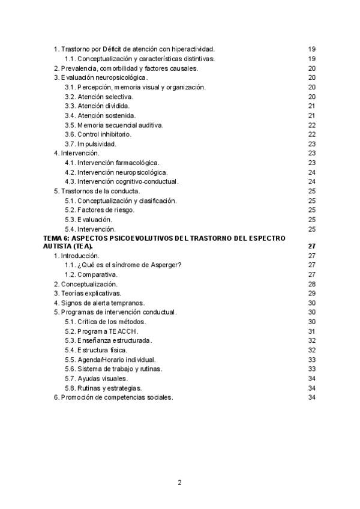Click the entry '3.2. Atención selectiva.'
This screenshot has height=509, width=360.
[x=99, y=97]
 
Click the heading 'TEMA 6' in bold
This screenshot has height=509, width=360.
[x=57, y=238]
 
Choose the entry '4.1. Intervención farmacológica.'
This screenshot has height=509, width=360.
[x=112, y=163]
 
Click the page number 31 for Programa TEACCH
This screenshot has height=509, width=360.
[x=311, y=331]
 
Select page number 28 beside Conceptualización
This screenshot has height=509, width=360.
[x=311, y=284]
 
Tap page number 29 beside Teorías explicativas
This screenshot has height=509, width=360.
[x=311, y=294]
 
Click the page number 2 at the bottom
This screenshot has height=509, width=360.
[x=179, y=482]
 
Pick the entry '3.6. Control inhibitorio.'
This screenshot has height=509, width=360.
[x=98, y=134]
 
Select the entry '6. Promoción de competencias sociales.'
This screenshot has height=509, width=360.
[x=113, y=397]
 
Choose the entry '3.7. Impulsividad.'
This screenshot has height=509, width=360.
[x=91, y=144]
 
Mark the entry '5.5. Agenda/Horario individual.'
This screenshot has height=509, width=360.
[x=110, y=360]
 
